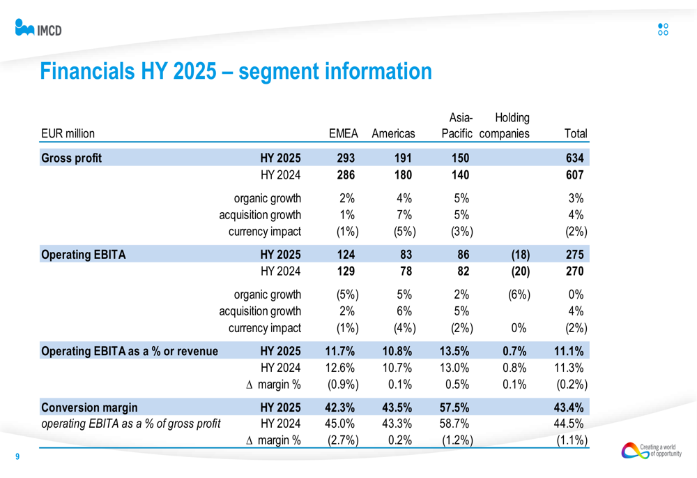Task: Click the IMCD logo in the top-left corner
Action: pos(38,29)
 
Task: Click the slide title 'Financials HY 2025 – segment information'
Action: pos(236,71)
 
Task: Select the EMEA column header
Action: pos(343,133)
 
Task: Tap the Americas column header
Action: pos(393,133)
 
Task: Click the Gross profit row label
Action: pos(72,158)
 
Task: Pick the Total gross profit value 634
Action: pos(575,158)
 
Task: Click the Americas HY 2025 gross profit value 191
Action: pos(404,158)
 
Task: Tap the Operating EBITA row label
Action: pos(84,255)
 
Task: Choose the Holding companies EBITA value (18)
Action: pos(512,255)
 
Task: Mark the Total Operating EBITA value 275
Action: pos(575,255)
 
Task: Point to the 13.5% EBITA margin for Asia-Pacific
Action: pos(457,351)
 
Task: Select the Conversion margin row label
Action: pos(89,408)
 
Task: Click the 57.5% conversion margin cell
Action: pos(457,408)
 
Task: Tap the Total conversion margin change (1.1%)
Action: pos(572,440)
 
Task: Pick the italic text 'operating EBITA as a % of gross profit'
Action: pos(132,423)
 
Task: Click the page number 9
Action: pos(17,457)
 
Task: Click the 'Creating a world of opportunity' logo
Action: pos(651,451)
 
